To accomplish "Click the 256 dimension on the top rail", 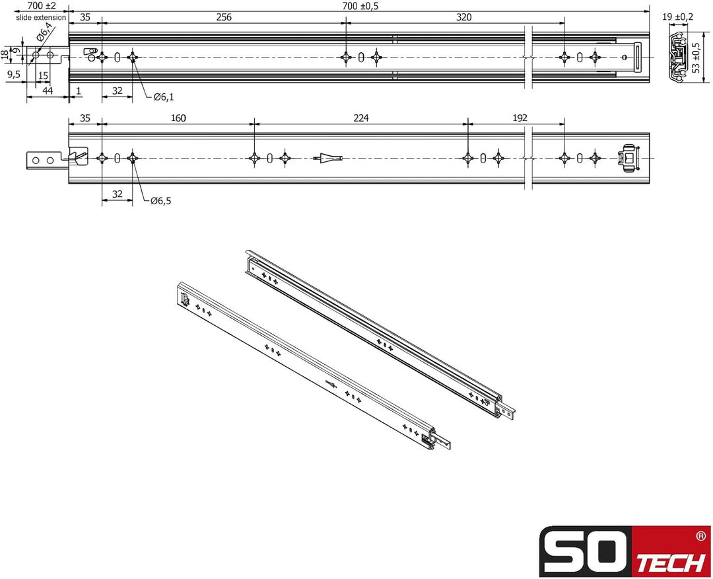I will (223, 18).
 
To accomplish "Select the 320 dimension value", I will (463, 18).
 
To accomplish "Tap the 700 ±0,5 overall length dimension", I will (360, 6).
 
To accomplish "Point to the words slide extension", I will (41, 17).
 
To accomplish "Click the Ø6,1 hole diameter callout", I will (163, 97).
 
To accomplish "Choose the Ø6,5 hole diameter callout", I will (160, 201).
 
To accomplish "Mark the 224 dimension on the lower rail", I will (360, 118).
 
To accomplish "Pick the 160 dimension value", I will (178, 118).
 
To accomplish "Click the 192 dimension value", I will (520, 118).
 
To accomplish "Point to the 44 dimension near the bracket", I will (48, 90).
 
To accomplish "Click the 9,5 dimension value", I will (14, 75).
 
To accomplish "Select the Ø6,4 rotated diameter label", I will (45, 32).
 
